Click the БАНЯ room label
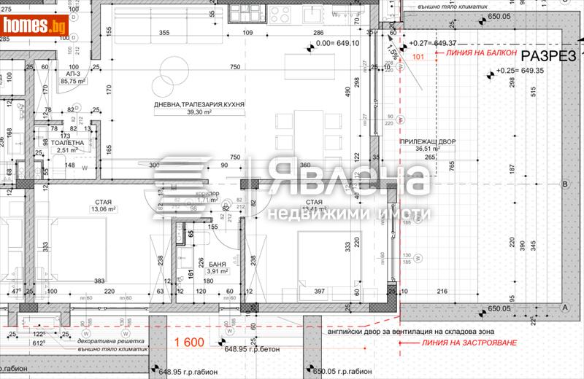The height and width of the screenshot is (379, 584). pyautogui.click(x=216, y=264)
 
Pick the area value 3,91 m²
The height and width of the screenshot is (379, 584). pyautogui.click(x=217, y=272)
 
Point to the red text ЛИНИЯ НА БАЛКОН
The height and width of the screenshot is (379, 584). pyautogui.click(x=476, y=54)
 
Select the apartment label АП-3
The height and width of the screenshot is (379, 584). pyautogui.click(x=73, y=74)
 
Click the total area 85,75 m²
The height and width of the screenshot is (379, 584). pyautogui.click(x=74, y=82)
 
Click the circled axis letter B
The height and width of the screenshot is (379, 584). pyautogui.click(x=564, y=185)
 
